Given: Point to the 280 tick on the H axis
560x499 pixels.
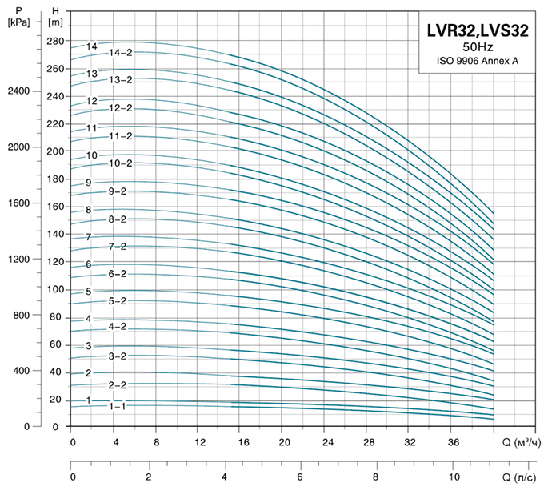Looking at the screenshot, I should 54,41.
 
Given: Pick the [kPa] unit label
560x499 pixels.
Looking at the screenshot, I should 17,22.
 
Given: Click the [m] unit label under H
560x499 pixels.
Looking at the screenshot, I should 54,22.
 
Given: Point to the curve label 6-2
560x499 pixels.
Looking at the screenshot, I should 118,274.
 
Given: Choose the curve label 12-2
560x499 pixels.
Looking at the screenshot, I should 120,108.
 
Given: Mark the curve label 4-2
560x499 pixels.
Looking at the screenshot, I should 118,327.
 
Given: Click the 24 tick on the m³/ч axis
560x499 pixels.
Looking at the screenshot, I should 326,442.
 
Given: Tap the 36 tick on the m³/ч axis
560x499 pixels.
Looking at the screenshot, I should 452,442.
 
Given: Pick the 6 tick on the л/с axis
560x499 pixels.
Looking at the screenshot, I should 299,477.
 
